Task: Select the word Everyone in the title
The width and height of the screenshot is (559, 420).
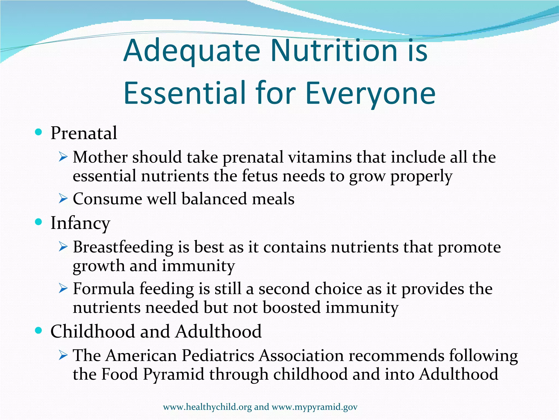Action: pyautogui.click(x=370, y=94)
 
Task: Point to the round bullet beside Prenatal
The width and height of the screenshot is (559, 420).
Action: pyautogui.click(x=39, y=133)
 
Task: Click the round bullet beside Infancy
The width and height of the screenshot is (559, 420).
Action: pyautogui.click(x=39, y=222)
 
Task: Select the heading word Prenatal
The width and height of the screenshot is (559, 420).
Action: pyautogui.click(x=84, y=133)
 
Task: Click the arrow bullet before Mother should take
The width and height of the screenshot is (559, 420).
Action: pyautogui.click(x=63, y=157)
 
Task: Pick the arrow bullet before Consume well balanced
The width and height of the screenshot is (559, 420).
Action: pyautogui.click(x=63, y=199)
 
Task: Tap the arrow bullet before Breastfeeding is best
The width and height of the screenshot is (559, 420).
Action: pyautogui.click(x=63, y=247)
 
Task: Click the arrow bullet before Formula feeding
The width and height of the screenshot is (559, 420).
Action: pyautogui.click(x=63, y=289)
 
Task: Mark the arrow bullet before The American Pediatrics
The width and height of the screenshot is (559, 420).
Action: pyautogui.click(x=63, y=356)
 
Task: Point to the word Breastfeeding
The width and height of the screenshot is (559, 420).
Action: pyautogui.click(x=123, y=247)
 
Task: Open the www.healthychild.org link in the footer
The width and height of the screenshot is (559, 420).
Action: pyautogui.click(x=207, y=407)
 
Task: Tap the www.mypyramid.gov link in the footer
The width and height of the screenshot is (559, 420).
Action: pyautogui.click(x=314, y=407)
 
